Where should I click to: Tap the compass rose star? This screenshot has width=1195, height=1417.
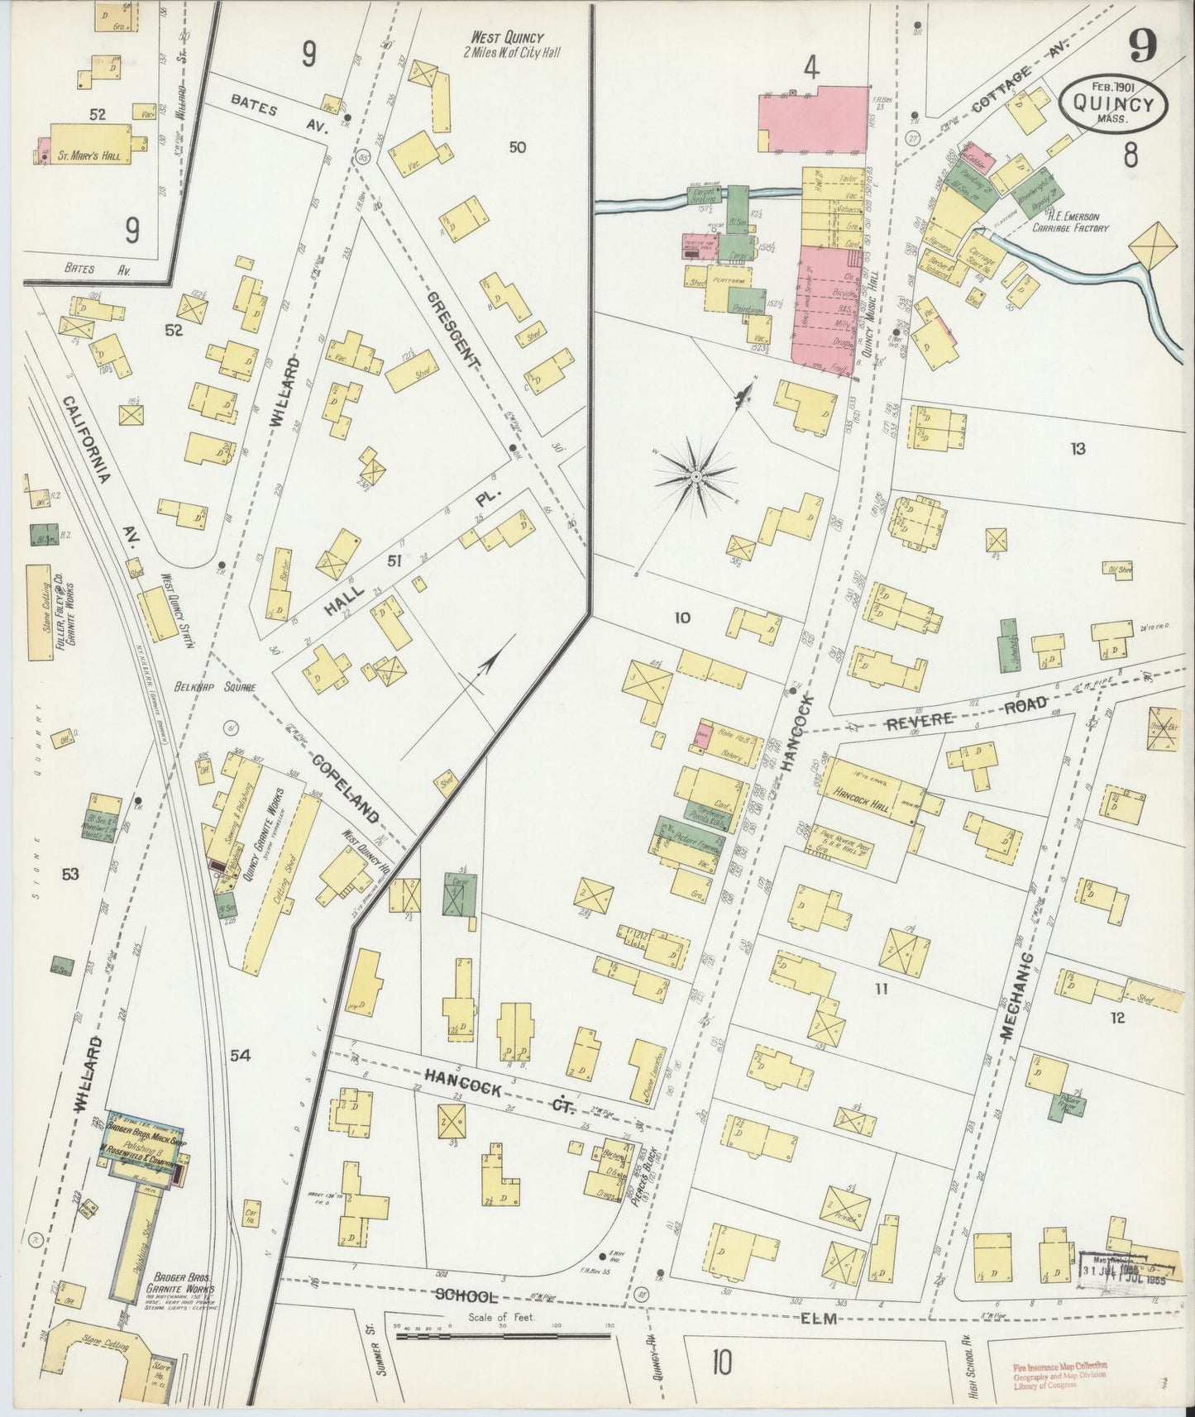click(696, 476)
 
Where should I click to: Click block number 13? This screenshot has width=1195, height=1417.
click(1076, 450)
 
